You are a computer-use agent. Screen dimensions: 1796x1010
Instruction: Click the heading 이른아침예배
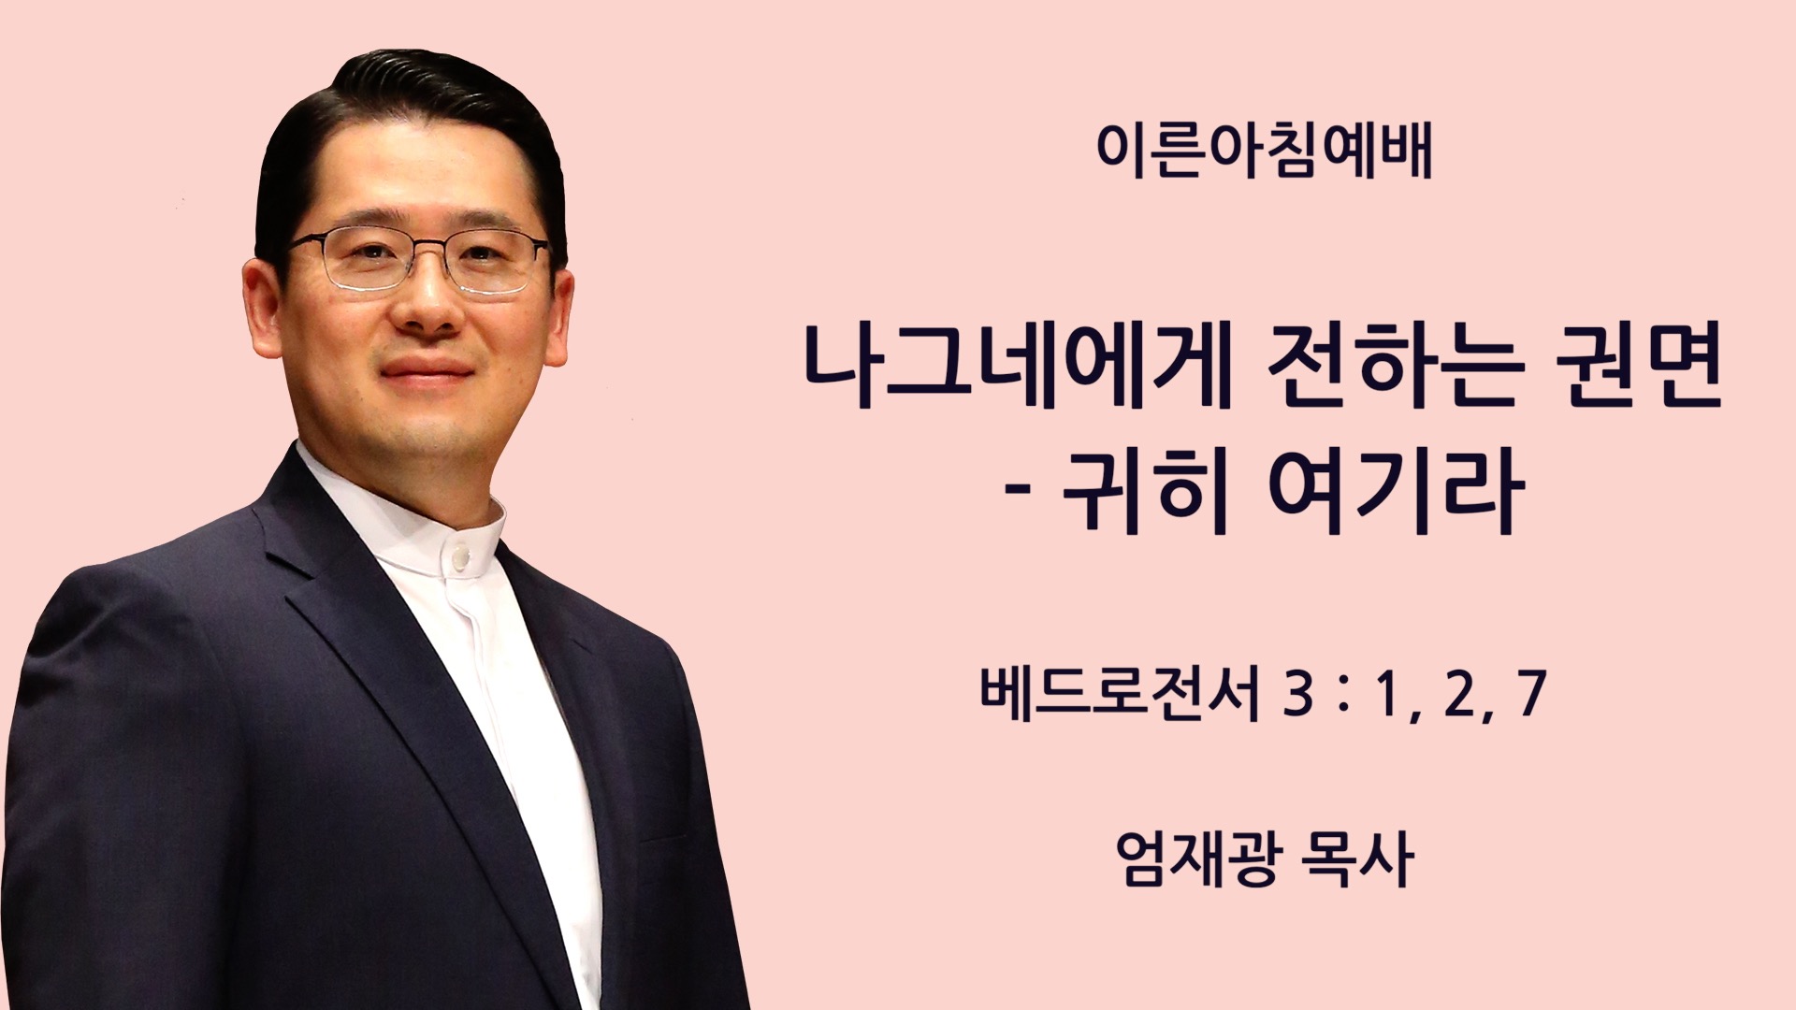tap(1264, 150)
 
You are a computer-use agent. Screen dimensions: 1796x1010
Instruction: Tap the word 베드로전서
tap(1120, 692)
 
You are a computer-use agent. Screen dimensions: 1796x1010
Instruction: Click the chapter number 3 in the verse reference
tap(1298, 695)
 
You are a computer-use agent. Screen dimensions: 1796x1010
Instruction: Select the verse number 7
tap(1529, 695)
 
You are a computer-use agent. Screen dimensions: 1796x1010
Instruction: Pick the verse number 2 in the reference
tap(1459, 695)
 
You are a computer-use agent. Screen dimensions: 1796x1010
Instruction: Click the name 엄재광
tap(1195, 858)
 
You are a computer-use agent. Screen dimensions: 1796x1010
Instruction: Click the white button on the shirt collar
tap(460, 558)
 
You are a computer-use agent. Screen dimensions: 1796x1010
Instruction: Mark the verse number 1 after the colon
tap(1387, 695)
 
